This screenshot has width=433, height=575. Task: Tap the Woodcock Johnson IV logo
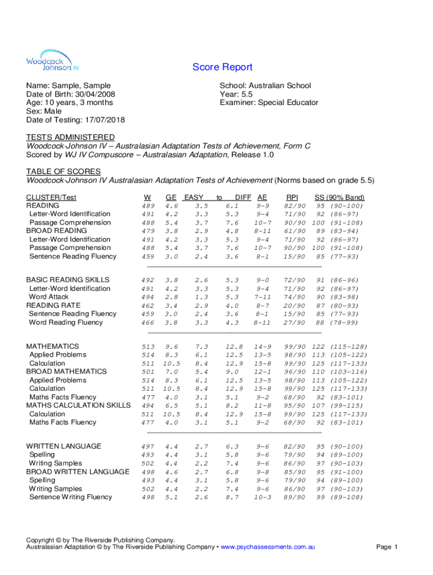48,61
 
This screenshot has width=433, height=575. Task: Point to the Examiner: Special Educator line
269,103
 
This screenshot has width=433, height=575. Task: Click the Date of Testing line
75,120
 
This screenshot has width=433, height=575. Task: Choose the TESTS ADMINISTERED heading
70,137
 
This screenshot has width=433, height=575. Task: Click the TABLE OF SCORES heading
63,171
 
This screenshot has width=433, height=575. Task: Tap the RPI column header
292,197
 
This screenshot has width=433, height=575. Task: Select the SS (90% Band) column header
339,197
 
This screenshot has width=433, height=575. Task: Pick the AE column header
262,197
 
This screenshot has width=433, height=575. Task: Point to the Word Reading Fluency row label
66,322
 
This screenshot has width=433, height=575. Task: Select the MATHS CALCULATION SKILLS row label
78,405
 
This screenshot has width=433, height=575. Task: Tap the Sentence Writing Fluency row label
70,497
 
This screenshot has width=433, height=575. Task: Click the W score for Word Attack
148,297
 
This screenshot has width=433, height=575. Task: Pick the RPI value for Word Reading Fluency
295,323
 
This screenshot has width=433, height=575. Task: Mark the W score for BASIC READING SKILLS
148,280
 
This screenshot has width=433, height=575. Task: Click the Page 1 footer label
387,547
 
